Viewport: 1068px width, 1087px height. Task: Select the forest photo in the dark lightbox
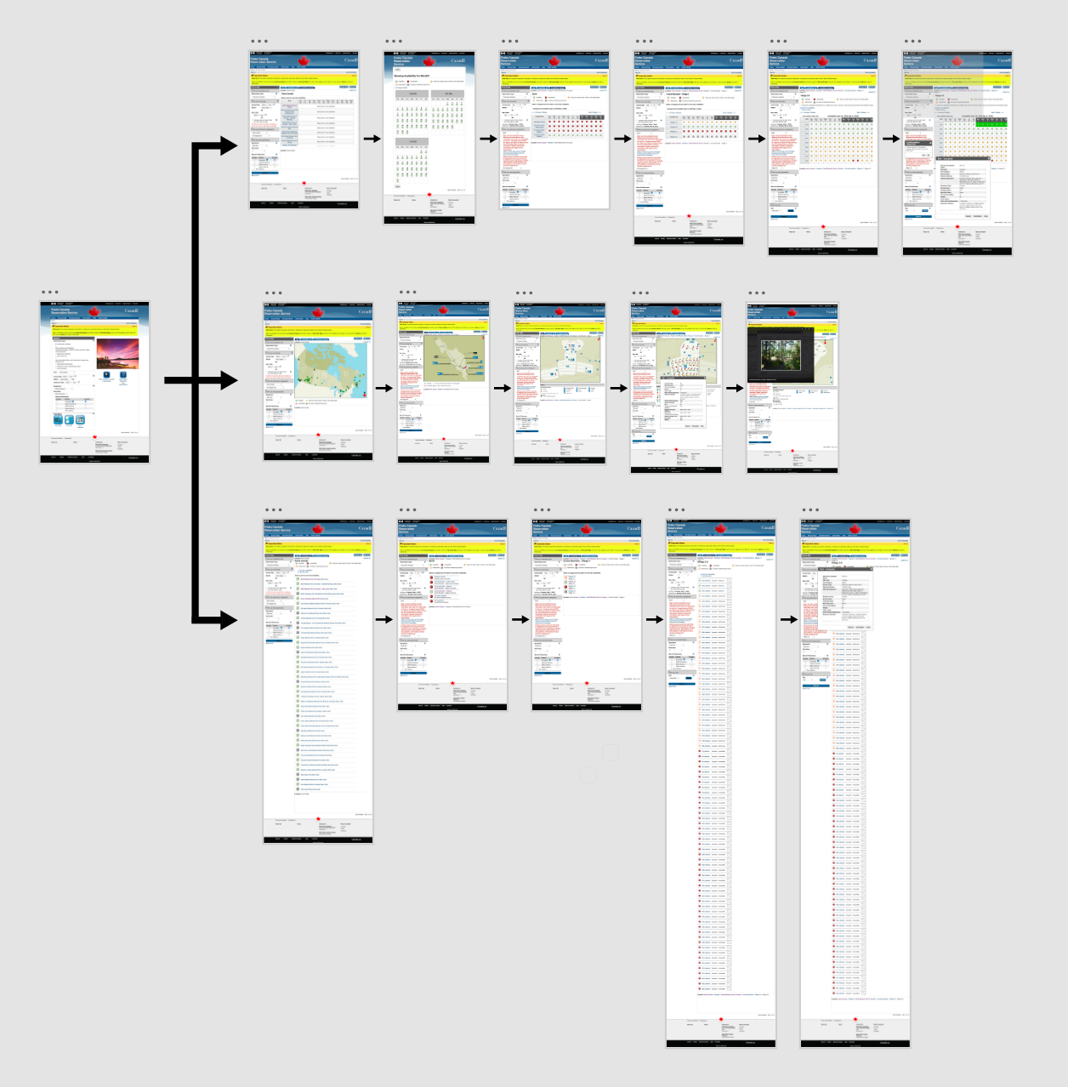coord(781,356)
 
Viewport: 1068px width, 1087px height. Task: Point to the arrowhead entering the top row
coord(229,145)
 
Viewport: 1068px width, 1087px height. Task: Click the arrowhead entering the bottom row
coord(229,620)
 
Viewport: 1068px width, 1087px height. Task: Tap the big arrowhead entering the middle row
coord(229,381)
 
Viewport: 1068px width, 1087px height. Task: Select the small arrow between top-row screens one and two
coord(372,139)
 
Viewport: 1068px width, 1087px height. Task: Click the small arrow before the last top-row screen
coord(890,139)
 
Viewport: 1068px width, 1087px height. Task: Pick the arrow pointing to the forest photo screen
coord(734,389)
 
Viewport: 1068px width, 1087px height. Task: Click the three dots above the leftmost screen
coord(49,293)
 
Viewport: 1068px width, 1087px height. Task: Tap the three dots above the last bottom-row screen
coord(810,510)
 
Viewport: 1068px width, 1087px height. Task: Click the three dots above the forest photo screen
coord(757,293)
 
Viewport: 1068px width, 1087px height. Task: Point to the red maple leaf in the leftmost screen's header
coord(94,311)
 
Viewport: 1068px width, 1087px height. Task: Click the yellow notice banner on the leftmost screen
coord(94,330)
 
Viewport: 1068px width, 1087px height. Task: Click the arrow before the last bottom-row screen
coord(788,619)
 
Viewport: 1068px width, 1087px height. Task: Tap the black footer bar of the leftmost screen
coord(94,458)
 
